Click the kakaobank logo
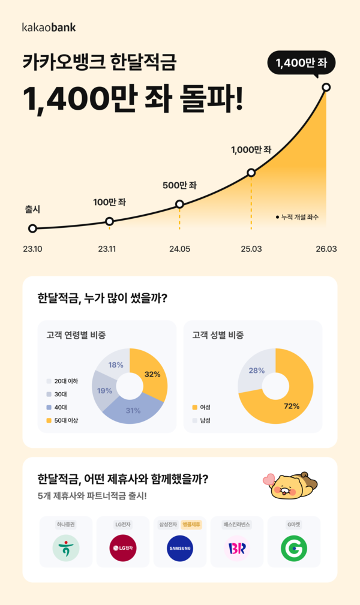click(x=49, y=27)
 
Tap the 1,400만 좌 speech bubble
click(x=302, y=62)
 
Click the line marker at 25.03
click(x=251, y=173)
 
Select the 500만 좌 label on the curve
click(x=179, y=185)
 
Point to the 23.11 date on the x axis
click(x=107, y=249)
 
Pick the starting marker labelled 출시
click(x=32, y=228)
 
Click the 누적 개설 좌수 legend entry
click(x=297, y=216)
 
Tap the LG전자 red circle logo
click(x=122, y=548)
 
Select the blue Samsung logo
click(x=179, y=548)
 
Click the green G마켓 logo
click(x=294, y=548)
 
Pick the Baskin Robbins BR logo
click(x=236, y=548)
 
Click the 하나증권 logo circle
click(x=65, y=548)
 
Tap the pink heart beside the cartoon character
click(x=268, y=479)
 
